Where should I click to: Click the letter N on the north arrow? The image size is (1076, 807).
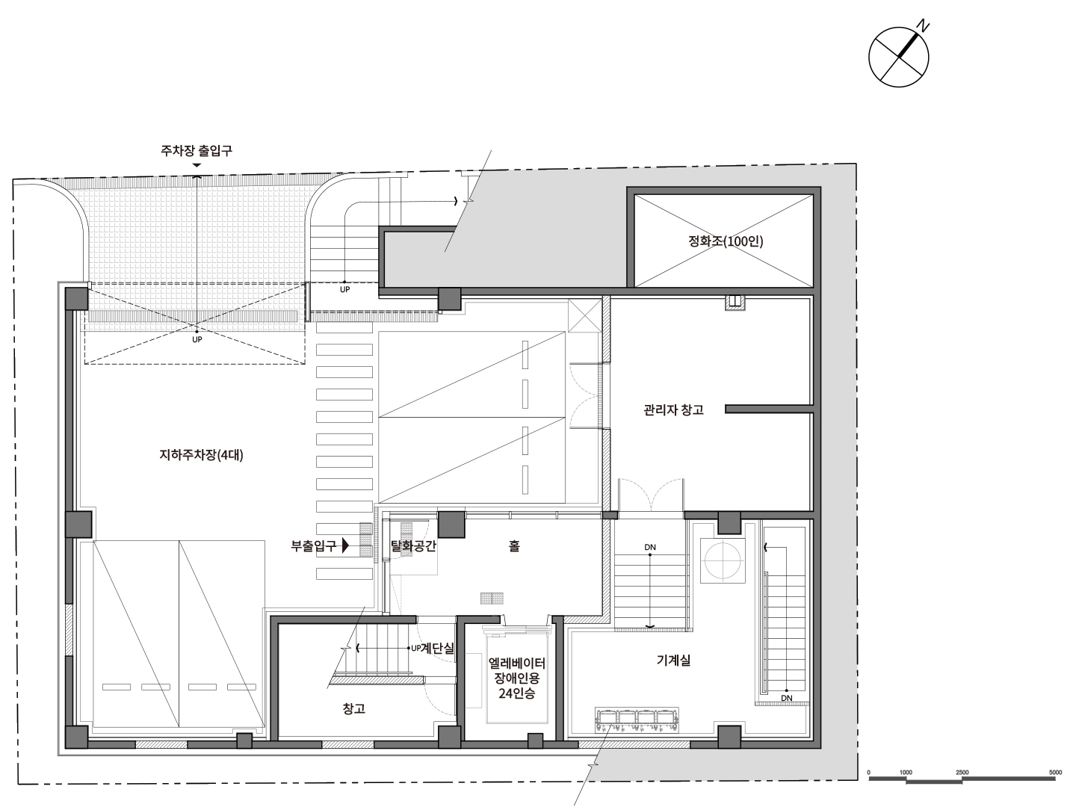pos(923,26)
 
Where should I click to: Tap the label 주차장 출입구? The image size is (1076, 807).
pos(196,150)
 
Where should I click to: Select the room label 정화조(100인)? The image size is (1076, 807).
pos(726,241)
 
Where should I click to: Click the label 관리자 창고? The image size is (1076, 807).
pos(673,409)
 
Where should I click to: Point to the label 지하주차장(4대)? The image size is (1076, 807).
pos(201,455)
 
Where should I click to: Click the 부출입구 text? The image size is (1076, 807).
pos(314,545)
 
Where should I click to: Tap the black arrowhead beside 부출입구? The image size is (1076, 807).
pos(346,545)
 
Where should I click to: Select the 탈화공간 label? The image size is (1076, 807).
pos(413,545)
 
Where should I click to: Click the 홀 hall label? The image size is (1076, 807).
pos(514,545)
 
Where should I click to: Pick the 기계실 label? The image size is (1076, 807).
pos(673,661)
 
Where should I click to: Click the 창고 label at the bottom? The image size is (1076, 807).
pos(354,708)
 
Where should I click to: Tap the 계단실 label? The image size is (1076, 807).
pos(437,649)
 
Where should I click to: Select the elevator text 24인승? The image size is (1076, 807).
pos(516,693)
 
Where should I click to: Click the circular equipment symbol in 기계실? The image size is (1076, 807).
pos(723,560)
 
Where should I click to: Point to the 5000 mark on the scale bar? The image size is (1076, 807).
pos(1055,772)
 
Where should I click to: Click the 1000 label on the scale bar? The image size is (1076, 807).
pos(906,772)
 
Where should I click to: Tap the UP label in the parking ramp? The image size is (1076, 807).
pos(197,339)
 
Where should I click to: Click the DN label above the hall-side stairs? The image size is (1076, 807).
pos(650,547)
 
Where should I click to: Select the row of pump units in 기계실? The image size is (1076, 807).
pos(637,720)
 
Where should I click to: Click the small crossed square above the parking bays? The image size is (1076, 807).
pos(585,316)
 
